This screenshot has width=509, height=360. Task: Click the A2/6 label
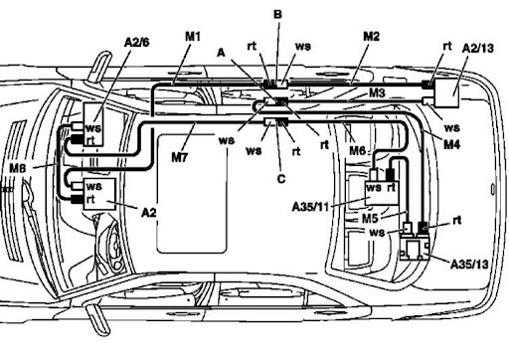136,42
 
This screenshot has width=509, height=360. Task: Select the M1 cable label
193,36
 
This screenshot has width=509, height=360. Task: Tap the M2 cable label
371,36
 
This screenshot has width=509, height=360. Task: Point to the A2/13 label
477,49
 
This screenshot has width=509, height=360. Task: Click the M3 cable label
377,92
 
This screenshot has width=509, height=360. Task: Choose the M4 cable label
452,144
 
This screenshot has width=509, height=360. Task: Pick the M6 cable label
358,150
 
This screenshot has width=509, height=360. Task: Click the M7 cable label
180,157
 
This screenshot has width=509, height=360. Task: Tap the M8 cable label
18,168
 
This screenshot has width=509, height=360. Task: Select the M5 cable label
370,219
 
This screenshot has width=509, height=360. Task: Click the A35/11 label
310,207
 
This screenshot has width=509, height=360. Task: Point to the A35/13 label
469,265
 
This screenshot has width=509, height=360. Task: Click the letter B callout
277,14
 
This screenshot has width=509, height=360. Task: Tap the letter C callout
281,179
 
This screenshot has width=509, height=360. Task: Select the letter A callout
221,53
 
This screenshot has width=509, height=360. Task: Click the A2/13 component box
446,93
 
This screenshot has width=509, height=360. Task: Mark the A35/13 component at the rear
415,247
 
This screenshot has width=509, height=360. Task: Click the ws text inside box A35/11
374,188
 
